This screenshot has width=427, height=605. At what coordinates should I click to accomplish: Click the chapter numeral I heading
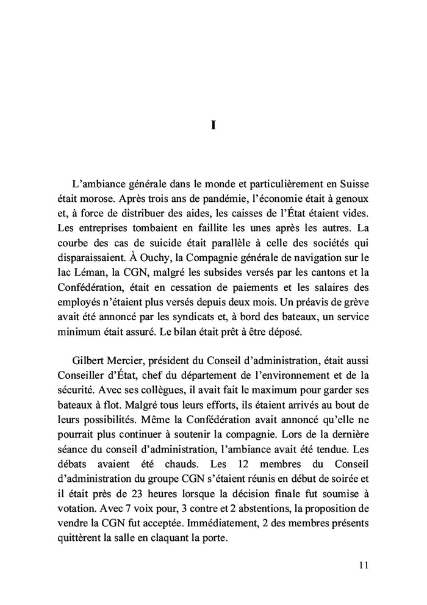[213, 125]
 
